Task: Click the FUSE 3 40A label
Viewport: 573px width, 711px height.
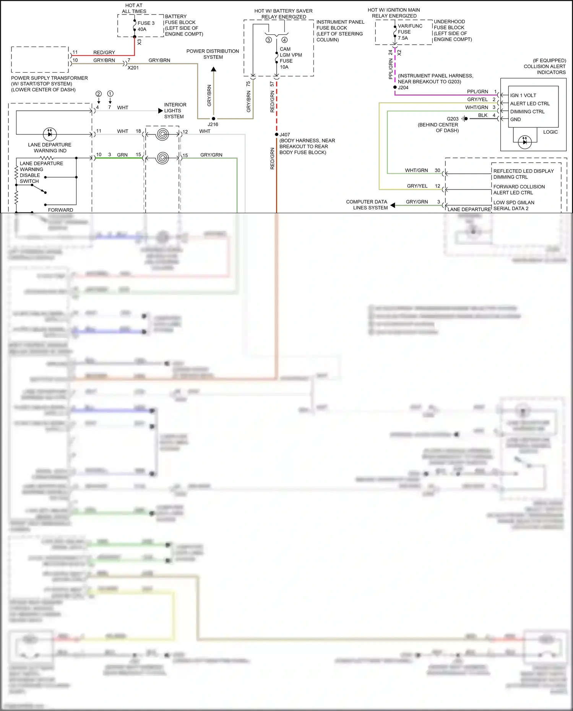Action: coord(146,26)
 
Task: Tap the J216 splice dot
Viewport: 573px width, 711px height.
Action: coord(213,119)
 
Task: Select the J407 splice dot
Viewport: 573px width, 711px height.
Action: coord(277,134)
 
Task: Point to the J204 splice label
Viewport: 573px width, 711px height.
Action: coord(403,87)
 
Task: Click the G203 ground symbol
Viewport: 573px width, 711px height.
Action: coord(464,119)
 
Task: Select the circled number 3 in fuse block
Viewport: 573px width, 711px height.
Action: coord(269,40)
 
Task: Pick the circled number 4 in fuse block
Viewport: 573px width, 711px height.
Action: coord(284,40)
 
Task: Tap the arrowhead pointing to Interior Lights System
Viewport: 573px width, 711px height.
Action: coord(161,111)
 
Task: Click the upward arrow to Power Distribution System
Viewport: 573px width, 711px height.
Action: coord(214,69)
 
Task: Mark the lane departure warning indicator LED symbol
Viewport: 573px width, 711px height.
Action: coord(50,134)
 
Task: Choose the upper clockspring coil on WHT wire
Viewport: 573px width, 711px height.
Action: coord(162,134)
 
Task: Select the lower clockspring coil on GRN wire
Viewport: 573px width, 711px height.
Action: coord(162,158)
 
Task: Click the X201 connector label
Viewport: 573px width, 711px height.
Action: coord(133,68)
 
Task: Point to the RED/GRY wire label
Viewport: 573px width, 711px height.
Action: coord(104,52)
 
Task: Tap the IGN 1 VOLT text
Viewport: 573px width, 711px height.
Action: coord(523,96)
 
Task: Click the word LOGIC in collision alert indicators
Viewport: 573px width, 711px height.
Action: coord(550,132)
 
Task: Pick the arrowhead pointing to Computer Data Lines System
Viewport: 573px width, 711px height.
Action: coord(393,206)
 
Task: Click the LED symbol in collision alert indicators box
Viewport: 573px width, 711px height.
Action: coord(524,142)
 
